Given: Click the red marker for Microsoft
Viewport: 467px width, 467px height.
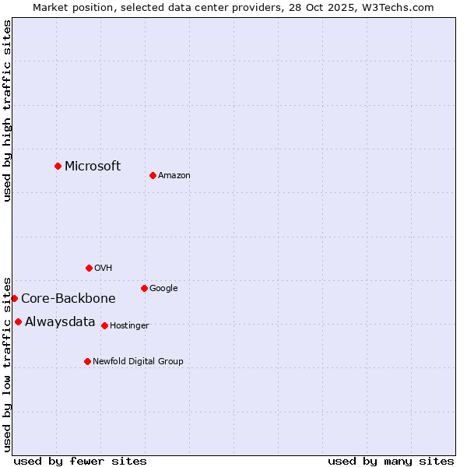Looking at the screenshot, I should point(58,166).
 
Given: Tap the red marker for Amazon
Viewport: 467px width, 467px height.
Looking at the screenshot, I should point(153,175).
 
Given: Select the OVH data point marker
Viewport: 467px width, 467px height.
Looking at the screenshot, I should point(89,268).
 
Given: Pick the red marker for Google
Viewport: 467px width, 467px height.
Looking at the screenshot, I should point(144,288).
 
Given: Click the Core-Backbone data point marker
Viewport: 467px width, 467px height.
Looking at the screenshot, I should point(14,298).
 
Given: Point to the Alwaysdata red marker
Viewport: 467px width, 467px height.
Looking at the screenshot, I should point(18,321).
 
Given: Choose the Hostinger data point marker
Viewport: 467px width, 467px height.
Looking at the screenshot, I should point(104,325).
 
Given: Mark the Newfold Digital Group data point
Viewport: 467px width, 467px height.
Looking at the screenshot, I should point(87,361).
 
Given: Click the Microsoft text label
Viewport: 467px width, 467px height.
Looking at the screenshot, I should point(93,166).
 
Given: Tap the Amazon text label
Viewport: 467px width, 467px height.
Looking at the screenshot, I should point(174,176).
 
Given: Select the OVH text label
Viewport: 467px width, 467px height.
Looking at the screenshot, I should point(104,269).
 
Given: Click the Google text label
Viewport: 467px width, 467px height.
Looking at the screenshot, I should point(163,289).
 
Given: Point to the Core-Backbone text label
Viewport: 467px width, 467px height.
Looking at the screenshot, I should point(68,299).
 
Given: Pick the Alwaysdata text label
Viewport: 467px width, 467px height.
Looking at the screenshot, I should point(60,322).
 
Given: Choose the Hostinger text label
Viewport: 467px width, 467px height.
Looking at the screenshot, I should point(129,326).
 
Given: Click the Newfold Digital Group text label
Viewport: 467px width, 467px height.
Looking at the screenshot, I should point(138,362).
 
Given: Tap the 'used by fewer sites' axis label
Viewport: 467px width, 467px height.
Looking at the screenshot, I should point(80,461).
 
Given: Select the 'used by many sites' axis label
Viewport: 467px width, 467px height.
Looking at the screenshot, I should point(391,461).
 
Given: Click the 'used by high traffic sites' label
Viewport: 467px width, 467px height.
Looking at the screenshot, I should point(7,111).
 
